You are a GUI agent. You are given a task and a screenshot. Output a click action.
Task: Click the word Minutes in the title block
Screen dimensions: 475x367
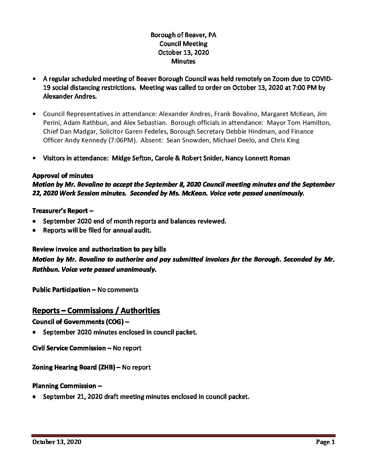pyautogui.click(x=183, y=61)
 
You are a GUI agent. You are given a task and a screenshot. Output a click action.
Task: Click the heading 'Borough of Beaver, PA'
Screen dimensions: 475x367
pyautogui.click(x=183, y=35)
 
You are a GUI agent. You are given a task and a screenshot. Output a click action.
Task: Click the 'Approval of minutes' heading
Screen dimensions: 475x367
pyautogui.click(x=63, y=175)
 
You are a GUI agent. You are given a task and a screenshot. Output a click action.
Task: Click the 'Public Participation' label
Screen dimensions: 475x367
pyautogui.click(x=61, y=289)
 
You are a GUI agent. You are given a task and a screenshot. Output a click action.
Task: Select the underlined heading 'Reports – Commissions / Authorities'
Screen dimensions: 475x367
pyautogui.click(x=96, y=310)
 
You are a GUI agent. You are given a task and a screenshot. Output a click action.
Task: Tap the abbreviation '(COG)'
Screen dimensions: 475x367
pyautogui.click(x=115, y=322)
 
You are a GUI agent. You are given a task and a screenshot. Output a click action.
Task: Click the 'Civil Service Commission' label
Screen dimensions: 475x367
pyautogui.click(x=69, y=348)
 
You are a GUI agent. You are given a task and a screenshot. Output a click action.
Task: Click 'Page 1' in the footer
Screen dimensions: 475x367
pyautogui.click(x=326, y=442)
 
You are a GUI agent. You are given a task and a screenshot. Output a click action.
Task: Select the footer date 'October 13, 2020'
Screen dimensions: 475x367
pyautogui.click(x=57, y=442)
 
